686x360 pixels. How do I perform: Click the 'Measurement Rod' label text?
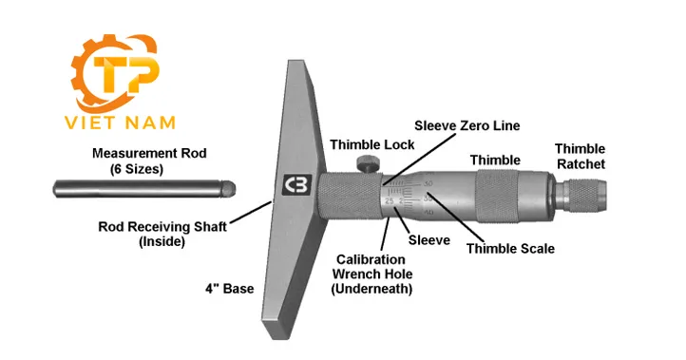point(148,153)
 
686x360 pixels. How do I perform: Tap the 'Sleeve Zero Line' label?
point(467,125)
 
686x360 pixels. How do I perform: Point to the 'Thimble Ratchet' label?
point(580,157)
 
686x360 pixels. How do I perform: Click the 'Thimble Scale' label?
point(510,249)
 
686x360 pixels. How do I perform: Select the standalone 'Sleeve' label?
point(429,240)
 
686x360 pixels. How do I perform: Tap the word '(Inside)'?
point(158,242)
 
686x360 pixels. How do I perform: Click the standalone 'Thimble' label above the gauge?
point(495,161)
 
